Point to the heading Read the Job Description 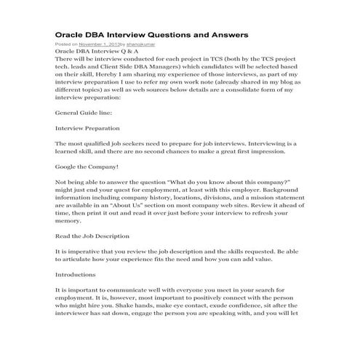pos(92,236)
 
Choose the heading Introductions pos(76,276)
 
